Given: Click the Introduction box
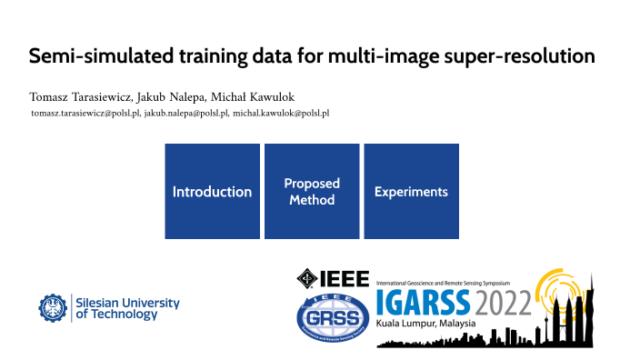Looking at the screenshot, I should pos(213,192).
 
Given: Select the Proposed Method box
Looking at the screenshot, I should pos(312,192).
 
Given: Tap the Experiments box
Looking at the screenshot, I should pos(411,192).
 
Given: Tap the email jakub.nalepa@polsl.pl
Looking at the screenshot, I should pos(186,113).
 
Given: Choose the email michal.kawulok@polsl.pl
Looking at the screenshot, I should pos(281,113).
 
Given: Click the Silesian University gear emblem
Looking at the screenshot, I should pos(54,308).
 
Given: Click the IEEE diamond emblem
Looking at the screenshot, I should pos(308,277).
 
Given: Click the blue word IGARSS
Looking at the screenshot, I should pos(422,300).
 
